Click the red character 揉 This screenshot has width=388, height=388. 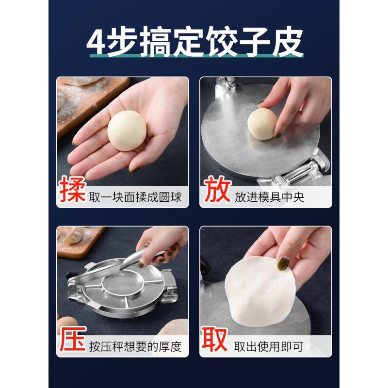tap(73, 191)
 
